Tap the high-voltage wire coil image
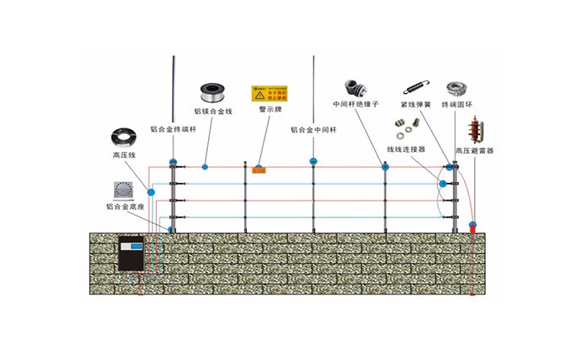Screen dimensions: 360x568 (126, 137)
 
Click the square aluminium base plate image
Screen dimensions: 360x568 (126, 189)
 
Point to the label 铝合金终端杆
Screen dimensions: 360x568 (173, 129)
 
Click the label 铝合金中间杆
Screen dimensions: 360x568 (313, 129)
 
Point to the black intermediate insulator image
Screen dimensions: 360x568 (355, 86)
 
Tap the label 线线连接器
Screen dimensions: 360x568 (405, 148)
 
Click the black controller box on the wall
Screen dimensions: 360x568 (133, 253)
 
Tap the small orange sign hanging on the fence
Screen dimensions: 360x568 (259, 170)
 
